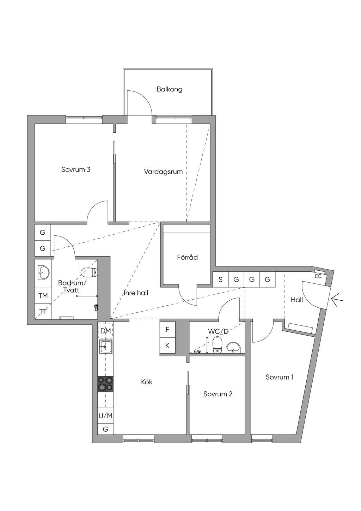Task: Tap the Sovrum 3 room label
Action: [76, 169]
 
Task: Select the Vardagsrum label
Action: [163, 172]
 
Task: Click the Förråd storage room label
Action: [187, 257]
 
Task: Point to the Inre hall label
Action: [136, 293]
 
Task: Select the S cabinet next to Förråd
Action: [220, 279]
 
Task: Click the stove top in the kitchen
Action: [105, 384]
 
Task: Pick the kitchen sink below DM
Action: [105, 347]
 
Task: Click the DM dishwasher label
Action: [105, 331]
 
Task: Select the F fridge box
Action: [167, 330]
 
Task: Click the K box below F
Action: [167, 345]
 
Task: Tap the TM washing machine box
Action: [43, 296]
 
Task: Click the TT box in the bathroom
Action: [43, 312]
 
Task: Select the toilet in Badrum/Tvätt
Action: [89, 272]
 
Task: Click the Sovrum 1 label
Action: [280, 377]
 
